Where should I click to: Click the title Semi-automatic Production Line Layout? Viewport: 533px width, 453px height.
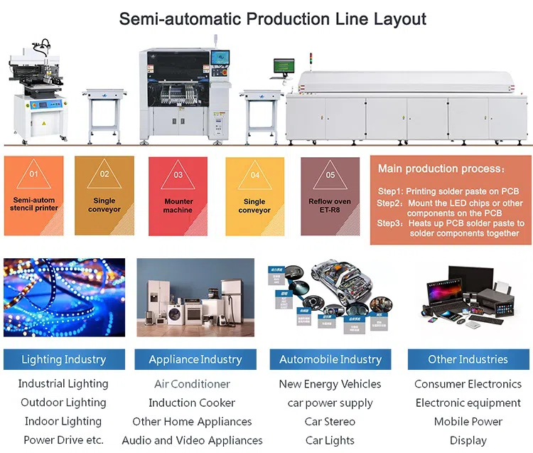pos(273,18)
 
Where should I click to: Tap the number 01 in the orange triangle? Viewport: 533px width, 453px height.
pos(33,174)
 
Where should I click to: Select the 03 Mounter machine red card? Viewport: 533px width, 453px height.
pos(178,196)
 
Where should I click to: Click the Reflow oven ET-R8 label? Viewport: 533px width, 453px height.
pos(330,206)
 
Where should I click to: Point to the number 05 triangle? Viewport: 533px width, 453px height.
pos(330,175)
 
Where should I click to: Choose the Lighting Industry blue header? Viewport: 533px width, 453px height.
pos(64,359)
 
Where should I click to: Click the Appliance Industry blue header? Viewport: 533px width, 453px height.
pos(195,359)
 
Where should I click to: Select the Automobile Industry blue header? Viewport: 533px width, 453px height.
pos(330,359)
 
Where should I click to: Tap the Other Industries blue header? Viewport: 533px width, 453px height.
pos(468,359)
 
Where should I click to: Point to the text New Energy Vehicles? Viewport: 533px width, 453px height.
pos(330,384)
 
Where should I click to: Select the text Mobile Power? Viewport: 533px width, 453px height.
pos(468,421)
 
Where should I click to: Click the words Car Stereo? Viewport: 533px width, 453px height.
pos(330,421)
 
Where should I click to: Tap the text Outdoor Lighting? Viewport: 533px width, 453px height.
pos(64,403)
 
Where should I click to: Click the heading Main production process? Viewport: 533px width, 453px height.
pos(441,169)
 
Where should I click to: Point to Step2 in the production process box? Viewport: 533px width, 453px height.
pos(389,203)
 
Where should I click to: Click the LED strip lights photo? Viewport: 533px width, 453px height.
pos(64,297)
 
